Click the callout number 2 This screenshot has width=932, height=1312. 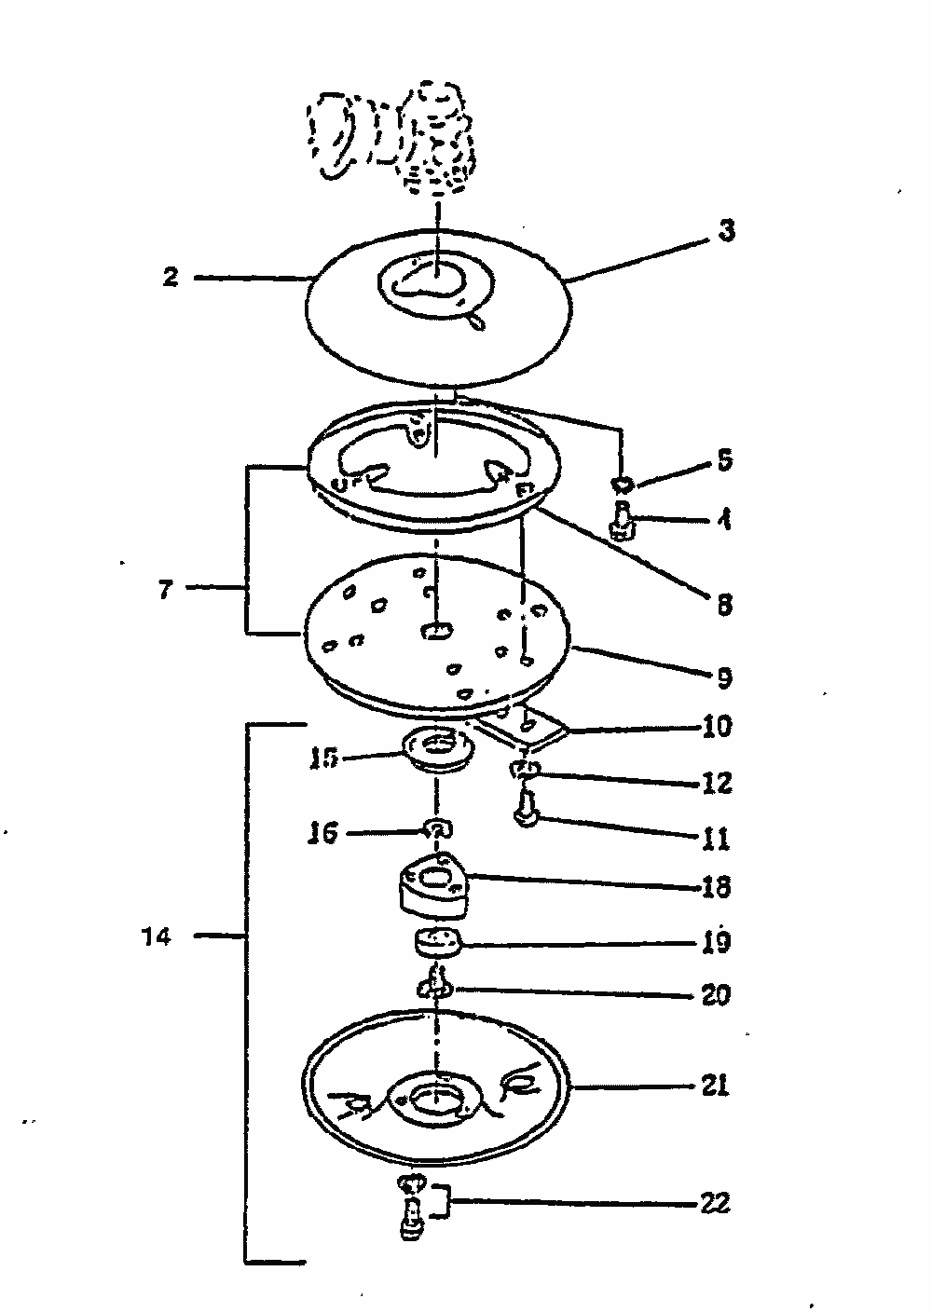point(170,278)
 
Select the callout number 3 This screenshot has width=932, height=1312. point(726,231)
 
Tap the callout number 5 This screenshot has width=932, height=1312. point(724,461)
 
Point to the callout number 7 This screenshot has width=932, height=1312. point(165,590)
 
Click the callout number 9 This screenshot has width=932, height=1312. point(724,677)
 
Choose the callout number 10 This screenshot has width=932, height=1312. point(718,726)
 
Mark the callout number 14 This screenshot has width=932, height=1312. point(158,937)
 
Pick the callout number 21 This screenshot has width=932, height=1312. point(715,1086)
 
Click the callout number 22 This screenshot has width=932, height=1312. point(715,1204)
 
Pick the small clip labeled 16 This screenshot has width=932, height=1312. point(437,827)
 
